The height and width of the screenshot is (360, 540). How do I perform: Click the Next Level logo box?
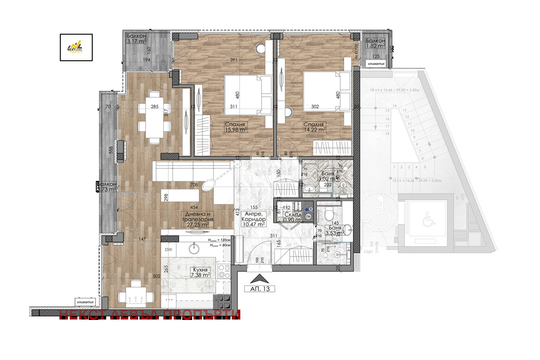pyautogui.click(x=76, y=47)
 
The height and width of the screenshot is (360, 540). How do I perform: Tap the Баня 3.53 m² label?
pyautogui.click(x=334, y=230)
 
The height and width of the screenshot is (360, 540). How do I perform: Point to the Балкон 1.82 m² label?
pyautogui.click(x=375, y=43)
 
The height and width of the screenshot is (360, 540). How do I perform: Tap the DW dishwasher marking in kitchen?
pyautogui.click(x=169, y=250)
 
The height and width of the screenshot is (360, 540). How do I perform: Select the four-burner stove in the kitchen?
pyautogui.click(x=223, y=271)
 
